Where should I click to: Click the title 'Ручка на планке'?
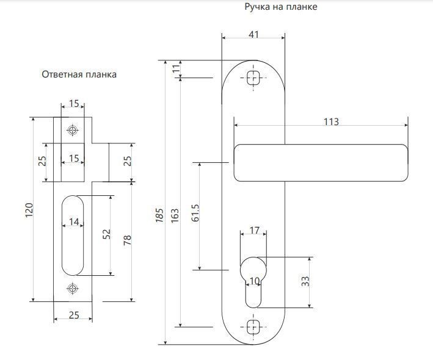point(280,7)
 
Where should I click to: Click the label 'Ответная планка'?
point(79,74)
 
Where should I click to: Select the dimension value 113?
point(330,121)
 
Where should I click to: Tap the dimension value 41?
point(254,34)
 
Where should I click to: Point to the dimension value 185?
point(159,214)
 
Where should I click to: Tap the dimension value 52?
point(106,234)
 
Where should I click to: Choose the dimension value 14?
point(74,222)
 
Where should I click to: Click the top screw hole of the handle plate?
point(253,77)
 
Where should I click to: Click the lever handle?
point(321,162)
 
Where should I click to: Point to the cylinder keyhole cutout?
point(253,281)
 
